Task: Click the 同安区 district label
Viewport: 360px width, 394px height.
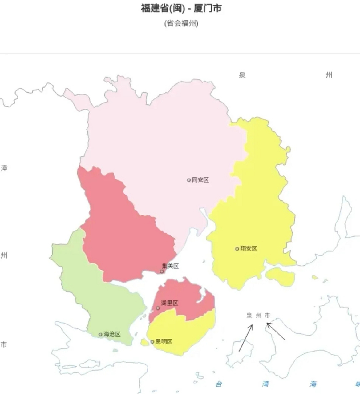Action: point(200,180)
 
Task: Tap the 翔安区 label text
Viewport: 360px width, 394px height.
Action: point(249,248)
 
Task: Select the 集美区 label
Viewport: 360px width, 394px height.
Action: point(170,266)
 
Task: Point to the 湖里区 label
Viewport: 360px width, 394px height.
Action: point(169,303)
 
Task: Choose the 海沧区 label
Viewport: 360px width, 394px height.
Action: point(112,334)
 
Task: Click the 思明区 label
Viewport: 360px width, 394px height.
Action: point(164,341)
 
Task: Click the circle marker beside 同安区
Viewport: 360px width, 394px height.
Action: point(189,180)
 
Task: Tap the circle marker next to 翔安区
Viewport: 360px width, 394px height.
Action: point(237,249)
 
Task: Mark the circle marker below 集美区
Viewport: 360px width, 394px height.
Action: point(162,271)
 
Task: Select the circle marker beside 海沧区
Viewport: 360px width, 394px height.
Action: point(100,335)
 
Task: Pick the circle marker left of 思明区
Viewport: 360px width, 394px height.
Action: point(152,342)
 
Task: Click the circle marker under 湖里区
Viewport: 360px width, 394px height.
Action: point(158,308)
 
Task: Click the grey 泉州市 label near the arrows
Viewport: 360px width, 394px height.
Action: point(258,316)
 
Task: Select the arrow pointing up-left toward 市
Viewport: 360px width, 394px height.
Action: point(276,331)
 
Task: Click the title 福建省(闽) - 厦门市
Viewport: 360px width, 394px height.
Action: point(181,8)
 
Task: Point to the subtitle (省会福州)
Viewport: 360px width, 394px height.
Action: point(181,23)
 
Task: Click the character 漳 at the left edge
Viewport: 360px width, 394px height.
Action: point(4,168)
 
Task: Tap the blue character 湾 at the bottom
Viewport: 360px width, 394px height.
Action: point(265,384)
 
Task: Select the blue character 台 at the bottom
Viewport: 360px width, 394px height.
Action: point(219,384)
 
